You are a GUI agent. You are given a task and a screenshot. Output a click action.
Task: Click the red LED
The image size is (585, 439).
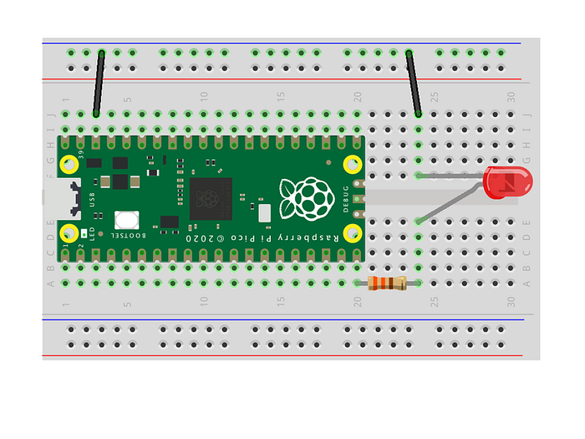[x=506, y=182]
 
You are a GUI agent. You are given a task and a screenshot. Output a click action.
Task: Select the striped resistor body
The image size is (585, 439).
[x=387, y=283]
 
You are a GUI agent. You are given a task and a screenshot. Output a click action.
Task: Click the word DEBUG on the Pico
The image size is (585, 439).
[x=346, y=197]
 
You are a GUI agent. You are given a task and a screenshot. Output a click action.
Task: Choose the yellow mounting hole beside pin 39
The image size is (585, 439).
[x=70, y=165]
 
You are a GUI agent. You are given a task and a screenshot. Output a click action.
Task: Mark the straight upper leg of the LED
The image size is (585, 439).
[x=451, y=176]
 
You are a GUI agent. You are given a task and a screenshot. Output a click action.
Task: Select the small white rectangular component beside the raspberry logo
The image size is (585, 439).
[x=264, y=212]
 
